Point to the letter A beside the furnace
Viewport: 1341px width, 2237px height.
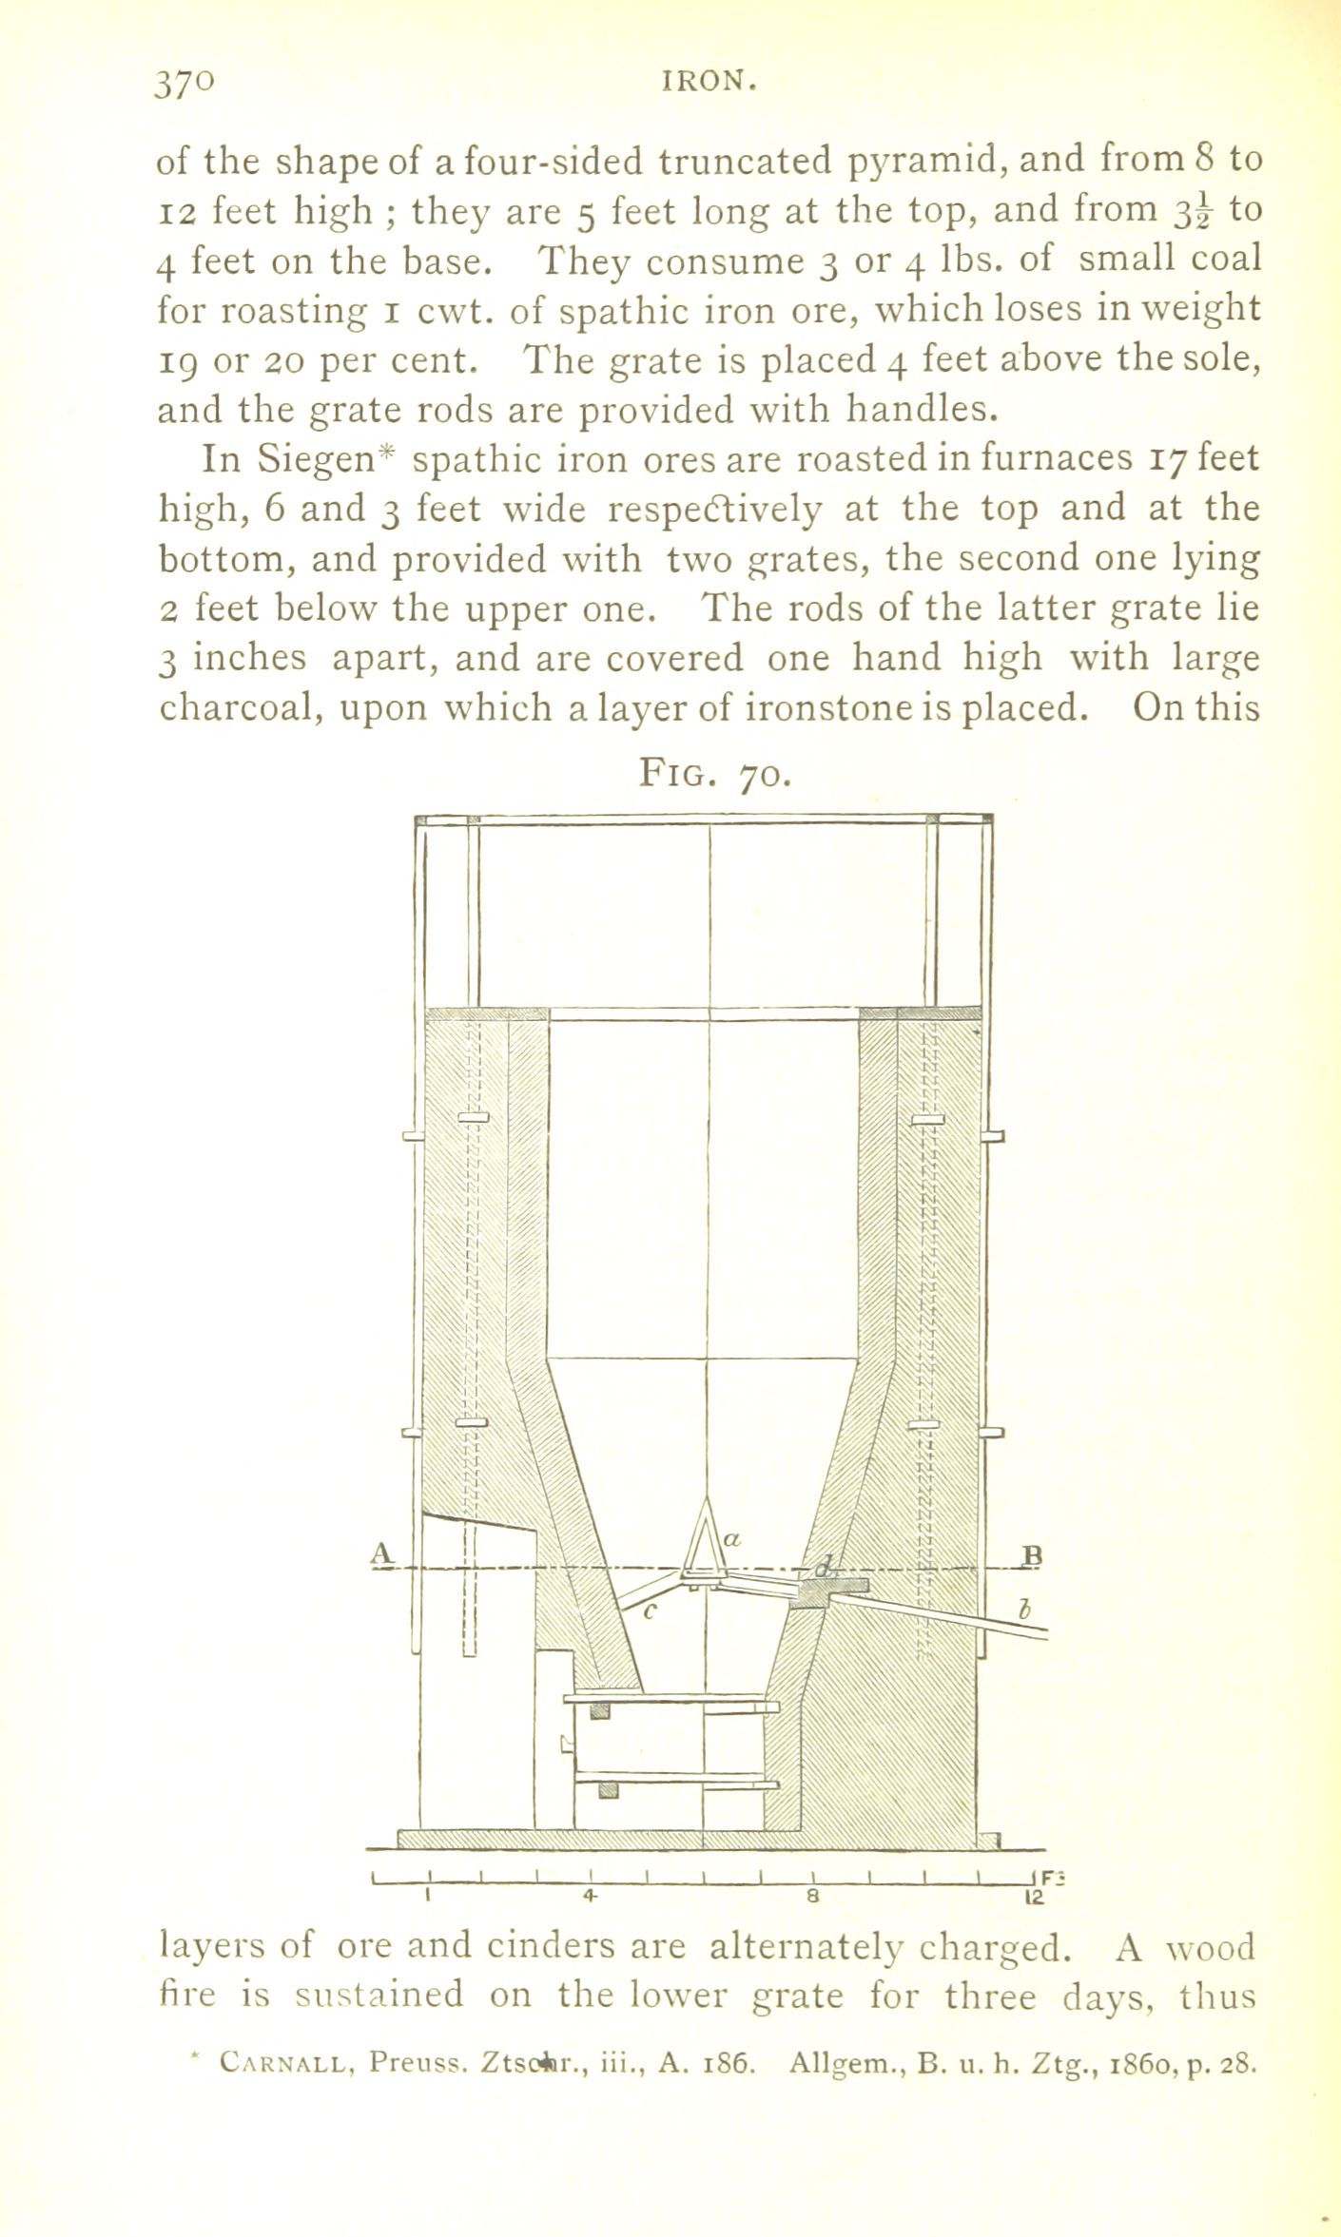[x=381, y=1552]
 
